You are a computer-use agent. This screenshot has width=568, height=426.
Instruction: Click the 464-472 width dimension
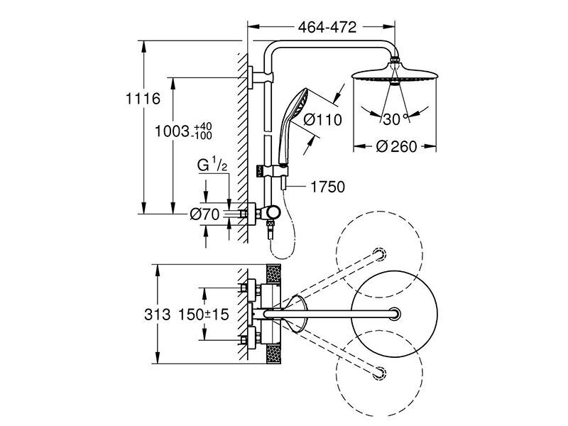point(327,27)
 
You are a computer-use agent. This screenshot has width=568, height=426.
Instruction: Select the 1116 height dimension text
point(143,99)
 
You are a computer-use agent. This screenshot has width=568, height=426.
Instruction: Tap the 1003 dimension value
point(172,131)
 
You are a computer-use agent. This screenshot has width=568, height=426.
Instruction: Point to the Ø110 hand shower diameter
point(322,119)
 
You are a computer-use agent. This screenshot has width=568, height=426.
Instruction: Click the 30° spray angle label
point(395,119)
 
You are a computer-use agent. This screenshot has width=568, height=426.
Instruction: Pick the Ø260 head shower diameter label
point(396,146)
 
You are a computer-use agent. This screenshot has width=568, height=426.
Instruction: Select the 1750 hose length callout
point(328,187)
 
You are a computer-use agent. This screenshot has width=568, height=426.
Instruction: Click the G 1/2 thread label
point(212,165)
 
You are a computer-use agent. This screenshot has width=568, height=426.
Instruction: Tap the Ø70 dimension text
point(204,214)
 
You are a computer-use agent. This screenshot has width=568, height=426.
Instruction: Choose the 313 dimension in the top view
point(157,315)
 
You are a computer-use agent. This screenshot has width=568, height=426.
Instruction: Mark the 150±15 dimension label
point(204,315)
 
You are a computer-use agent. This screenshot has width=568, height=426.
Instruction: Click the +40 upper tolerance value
point(203,127)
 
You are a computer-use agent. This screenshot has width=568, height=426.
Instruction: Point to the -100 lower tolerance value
point(203,136)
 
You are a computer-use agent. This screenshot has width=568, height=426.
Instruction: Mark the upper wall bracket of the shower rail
point(260,77)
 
